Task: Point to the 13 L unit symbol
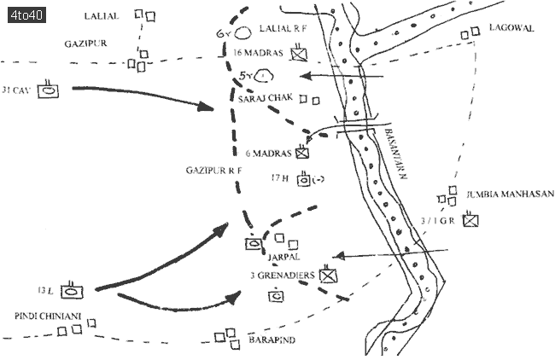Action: coord(73,290)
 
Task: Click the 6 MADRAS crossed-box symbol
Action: coord(302,154)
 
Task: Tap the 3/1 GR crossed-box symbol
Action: coord(470,220)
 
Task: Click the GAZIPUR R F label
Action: coord(209,171)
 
